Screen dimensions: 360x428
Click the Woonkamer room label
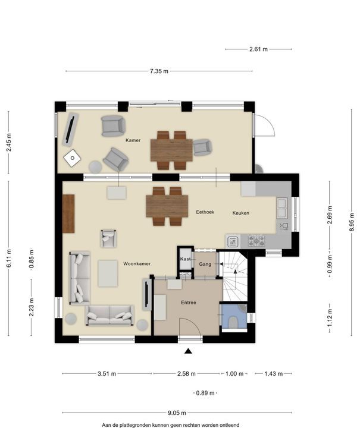click(x=137, y=264)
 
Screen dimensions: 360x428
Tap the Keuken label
click(x=240, y=213)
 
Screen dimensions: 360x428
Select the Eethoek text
click(x=205, y=212)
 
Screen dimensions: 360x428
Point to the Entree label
click(x=189, y=303)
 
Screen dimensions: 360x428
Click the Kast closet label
click(x=185, y=259)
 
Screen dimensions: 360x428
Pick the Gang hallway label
click(x=205, y=264)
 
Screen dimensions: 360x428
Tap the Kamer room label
click(x=133, y=140)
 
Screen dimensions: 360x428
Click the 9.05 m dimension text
click(x=177, y=413)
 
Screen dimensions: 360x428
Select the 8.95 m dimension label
click(x=352, y=222)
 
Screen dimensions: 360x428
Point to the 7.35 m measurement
click(x=159, y=71)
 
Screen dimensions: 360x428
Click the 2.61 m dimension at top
click(x=258, y=49)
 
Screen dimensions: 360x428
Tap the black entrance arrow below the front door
click(x=188, y=351)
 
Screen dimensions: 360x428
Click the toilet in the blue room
click(x=233, y=322)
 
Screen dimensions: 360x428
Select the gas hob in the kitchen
click(x=256, y=241)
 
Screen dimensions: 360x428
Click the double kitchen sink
click(x=282, y=208)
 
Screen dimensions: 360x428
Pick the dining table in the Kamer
click(x=171, y=150)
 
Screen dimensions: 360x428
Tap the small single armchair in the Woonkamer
click(x=108, y=238)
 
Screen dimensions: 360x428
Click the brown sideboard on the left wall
click(x=68, y=214)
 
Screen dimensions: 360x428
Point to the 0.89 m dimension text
click(x=205, y=393)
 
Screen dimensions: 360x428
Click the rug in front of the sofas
click(x=108, y=273)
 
